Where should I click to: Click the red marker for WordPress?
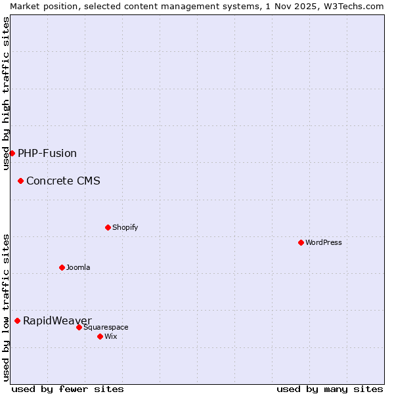[301, 242]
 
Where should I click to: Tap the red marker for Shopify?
[108, 227]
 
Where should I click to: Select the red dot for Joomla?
[62, 267]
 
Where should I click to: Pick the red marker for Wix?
[100, 336]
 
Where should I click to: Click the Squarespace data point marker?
[79, 327]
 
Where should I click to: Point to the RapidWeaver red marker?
[17, 320]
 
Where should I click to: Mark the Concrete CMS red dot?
[20, 181]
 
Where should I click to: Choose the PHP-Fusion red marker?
[12, 153]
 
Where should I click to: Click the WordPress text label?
[324, 242]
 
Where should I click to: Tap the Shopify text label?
[125, 227]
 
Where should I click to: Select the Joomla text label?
[78, 267]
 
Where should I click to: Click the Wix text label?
[110, 336]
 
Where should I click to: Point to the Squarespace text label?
[106, 327]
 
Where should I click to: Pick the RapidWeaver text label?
[57, 320]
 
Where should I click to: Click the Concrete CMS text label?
[63, 181]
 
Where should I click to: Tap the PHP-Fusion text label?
[47, 153]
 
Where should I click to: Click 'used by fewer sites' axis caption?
[68, 389]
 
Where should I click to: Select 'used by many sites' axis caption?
[330, 389]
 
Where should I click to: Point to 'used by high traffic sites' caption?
[6, 93]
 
